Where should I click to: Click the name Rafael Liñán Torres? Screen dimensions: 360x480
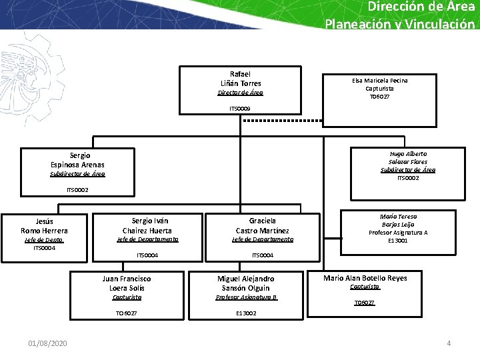(240, 79)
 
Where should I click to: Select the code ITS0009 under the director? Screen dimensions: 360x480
(240, 108)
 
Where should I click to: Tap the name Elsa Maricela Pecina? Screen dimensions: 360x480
(380, 80)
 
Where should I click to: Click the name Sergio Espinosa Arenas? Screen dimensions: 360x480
(77, 159)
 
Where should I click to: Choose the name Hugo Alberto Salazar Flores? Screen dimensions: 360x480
(408, 157)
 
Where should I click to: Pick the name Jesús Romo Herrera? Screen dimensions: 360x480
(44, 226)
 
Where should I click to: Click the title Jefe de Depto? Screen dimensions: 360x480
(44, 240)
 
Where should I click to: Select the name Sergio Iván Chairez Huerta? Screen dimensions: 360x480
(147, 225)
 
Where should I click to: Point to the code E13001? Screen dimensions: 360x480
(398, 241)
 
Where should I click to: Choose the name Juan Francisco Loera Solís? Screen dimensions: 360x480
(127, 283)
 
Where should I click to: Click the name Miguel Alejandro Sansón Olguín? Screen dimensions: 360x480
(246, 283)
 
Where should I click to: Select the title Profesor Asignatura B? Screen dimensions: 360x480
(246, 297)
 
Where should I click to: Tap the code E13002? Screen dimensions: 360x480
(246, 313)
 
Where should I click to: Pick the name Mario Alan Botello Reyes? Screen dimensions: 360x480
(365, 278)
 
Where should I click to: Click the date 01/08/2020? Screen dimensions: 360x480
(47, 343)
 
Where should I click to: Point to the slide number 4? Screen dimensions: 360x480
(449, 343)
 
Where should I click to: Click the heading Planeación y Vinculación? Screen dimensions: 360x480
(400, 24)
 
